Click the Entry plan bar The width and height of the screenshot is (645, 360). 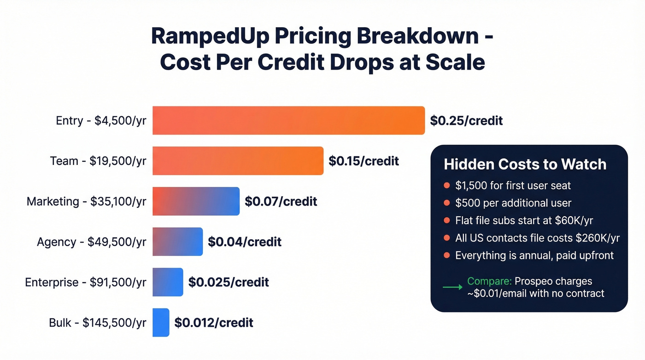tap(288, 120)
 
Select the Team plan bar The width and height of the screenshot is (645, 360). tap(238, 161)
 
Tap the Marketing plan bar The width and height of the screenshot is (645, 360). tap(196, 201)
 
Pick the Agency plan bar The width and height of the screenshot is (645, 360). tap(177, 242)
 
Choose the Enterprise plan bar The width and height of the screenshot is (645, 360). tap(168, 282)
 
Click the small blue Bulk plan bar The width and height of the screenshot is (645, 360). tap(161, 322)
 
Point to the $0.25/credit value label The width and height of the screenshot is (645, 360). tap(466, 121)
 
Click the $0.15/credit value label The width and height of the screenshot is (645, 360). tap(364, 161)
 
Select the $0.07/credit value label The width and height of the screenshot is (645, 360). tap(281, 201)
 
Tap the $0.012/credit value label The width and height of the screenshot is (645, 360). tap(214, 322)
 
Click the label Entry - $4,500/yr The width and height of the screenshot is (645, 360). tap(101, 121)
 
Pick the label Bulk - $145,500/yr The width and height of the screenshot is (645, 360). tap(98, 322)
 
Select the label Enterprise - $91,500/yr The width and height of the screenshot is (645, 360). tap(86, 282)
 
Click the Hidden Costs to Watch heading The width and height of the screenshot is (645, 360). tap(525, 164)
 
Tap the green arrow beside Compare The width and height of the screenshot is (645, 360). tap(452, 287)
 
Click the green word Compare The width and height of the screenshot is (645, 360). tap(489, 281)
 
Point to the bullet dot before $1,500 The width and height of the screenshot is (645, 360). tap(446, 186)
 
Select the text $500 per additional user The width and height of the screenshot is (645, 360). tap(513, 203)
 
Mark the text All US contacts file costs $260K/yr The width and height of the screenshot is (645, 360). tap(537, 238)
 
